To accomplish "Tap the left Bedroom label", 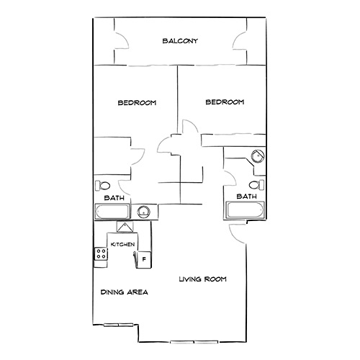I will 137,103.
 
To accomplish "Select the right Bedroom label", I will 225,103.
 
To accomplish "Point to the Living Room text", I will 202,279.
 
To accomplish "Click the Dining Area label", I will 124,292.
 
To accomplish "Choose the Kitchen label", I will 122,246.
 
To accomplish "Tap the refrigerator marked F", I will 143,258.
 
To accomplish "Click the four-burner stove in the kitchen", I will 100,253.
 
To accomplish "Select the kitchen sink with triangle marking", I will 126,228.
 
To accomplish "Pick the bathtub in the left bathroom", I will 112,212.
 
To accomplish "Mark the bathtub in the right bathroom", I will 245,211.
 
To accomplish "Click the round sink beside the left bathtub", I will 143,212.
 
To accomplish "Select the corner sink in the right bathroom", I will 257,158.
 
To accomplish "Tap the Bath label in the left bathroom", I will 113,197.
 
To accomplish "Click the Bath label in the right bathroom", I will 247,196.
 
